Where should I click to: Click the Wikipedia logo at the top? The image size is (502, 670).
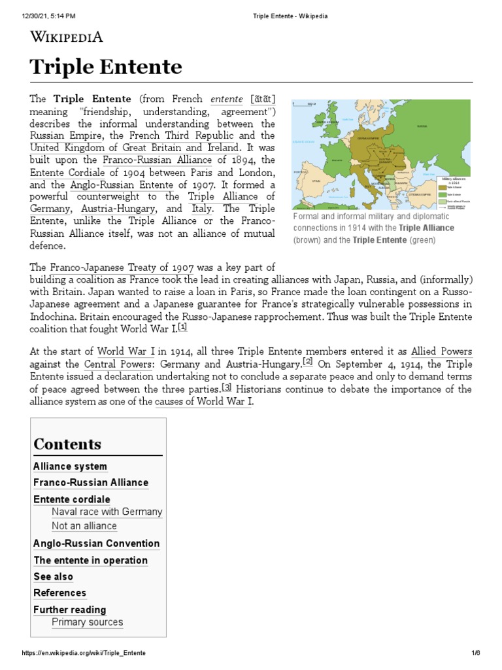[67, 36]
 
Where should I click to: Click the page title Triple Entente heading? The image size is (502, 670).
[106, 67]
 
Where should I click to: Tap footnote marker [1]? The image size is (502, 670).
[183, 326]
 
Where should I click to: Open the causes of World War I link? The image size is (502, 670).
[203, 401]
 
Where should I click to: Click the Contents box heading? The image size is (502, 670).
[67, 444]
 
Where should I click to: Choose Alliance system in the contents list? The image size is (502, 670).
[70, 467]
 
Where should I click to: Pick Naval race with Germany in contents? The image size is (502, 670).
[107, 512]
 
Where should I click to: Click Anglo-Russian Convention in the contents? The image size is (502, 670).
[96, 543]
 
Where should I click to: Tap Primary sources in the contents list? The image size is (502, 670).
[87, 622]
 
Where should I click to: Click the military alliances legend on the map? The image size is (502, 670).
[456, 191]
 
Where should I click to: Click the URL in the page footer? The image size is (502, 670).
[84, 654]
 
